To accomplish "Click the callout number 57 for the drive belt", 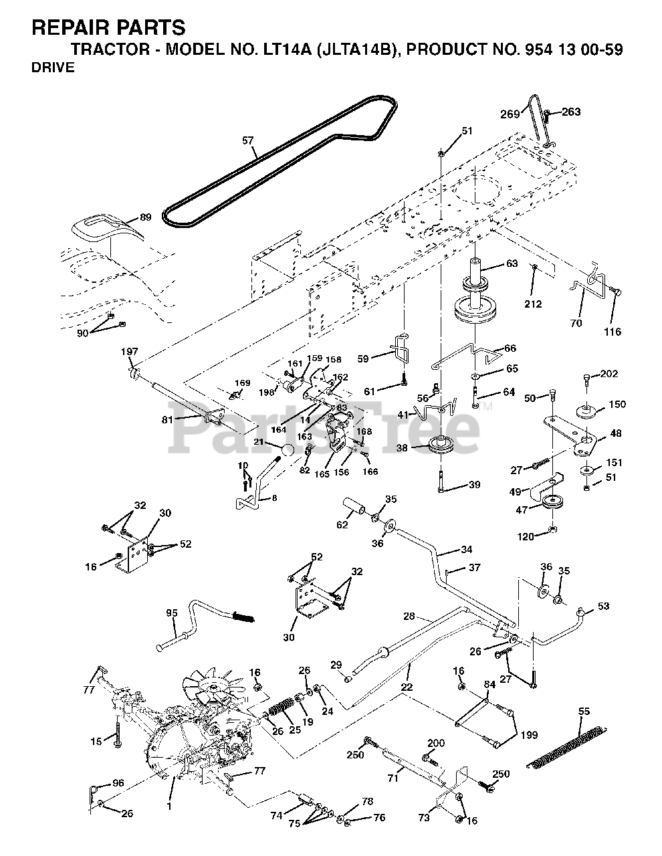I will click(248, 140).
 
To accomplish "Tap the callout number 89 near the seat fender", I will click(146, 217).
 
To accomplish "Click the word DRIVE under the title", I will click(53, 68).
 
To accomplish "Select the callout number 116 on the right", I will click(613, 331).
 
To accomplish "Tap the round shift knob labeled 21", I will click(288, 450).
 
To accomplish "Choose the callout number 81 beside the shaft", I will click(167, 419).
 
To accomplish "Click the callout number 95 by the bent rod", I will click(172, 613).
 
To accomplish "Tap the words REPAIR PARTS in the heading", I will click(109, 27).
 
